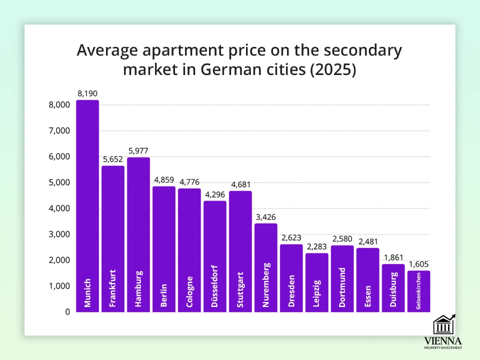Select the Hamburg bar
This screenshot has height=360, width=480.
click(x=138, y=230)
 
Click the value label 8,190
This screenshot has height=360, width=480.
click(x=87, y=93)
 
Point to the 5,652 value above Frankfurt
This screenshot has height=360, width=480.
click(x=113, y=159)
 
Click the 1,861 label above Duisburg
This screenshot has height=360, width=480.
click(x=393, y=257)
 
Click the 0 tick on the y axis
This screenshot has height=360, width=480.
click(x=66, y=312)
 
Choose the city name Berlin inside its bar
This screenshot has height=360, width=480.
click(x=164, y=295)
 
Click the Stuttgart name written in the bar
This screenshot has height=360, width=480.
click(x=241, y=289)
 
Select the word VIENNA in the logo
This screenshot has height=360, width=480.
click(x=443, y=340)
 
